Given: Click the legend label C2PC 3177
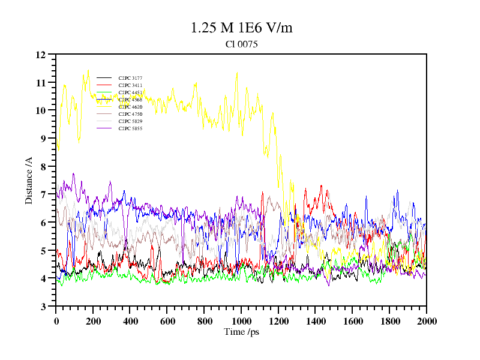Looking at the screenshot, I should [130, 78].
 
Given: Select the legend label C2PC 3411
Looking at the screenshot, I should [130, 85].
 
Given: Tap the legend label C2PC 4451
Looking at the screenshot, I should [130, 92].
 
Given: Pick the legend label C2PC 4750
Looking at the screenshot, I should [130, 114].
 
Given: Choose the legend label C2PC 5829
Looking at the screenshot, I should [130, 121].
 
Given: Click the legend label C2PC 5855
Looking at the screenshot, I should [130, 128].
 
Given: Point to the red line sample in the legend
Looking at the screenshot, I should [104, 85].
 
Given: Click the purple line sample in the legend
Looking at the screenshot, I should [104, 107].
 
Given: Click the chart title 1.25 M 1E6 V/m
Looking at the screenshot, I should [241, 28].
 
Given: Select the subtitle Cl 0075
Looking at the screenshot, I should [241, 44].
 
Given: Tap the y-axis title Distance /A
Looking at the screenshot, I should [29, 180].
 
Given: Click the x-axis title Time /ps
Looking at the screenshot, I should [241, 331].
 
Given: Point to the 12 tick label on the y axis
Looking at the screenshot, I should [41, 55].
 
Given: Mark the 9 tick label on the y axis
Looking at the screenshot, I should [43, 139].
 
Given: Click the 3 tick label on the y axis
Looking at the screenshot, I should [43, 307].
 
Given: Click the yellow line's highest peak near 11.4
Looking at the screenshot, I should [88, 70].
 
